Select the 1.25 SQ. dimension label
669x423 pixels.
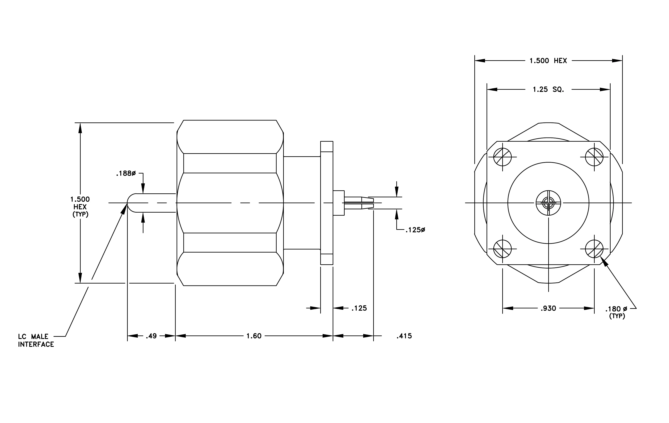coord(548,89)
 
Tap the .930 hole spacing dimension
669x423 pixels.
coord(548,308)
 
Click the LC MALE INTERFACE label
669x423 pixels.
coord(36,340)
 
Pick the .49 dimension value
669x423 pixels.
coord(151,336)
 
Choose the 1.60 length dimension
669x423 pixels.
coord(254,336)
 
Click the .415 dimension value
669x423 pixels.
coord(404,336)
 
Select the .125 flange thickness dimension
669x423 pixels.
coord(359,308)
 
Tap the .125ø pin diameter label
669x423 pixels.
coord(415,230)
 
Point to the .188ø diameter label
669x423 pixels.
coord(126,174)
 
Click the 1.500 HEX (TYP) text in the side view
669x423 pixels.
coord(80,207)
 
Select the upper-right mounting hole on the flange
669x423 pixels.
coord(594,157)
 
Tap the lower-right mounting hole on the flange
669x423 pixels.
coord(594,249)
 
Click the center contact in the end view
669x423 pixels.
coord(548,203)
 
